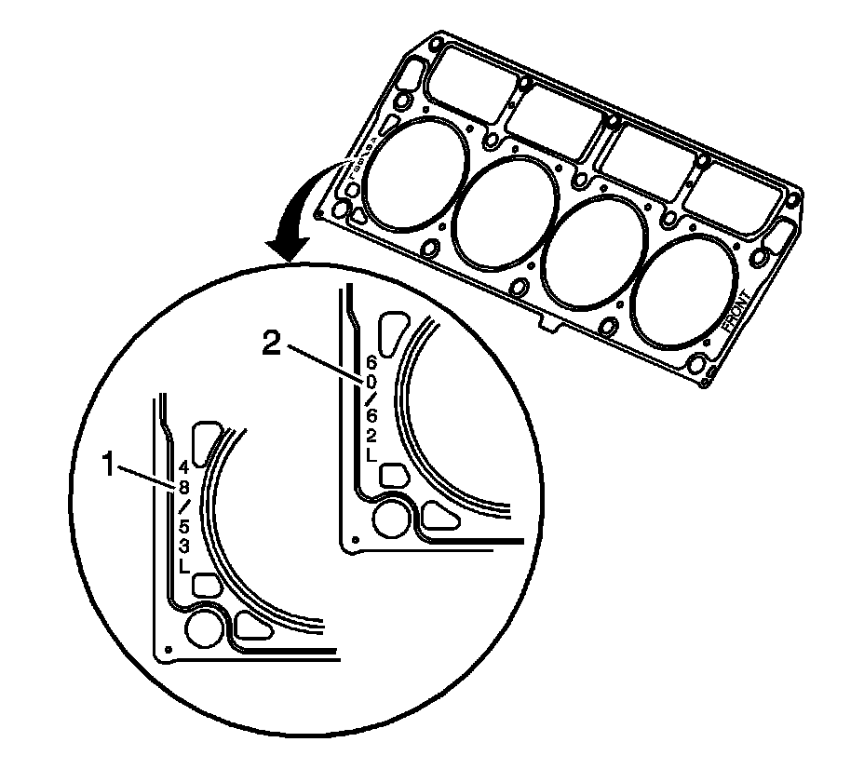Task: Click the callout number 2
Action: pos(271,344)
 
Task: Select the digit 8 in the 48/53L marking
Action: pos(183,485)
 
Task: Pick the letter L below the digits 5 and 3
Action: pos(184,565)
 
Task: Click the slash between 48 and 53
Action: pos(183,505)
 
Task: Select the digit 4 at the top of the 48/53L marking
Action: pos(183,465)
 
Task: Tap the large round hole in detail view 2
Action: pos(389,523)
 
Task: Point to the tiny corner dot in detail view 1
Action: pos(167,649)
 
